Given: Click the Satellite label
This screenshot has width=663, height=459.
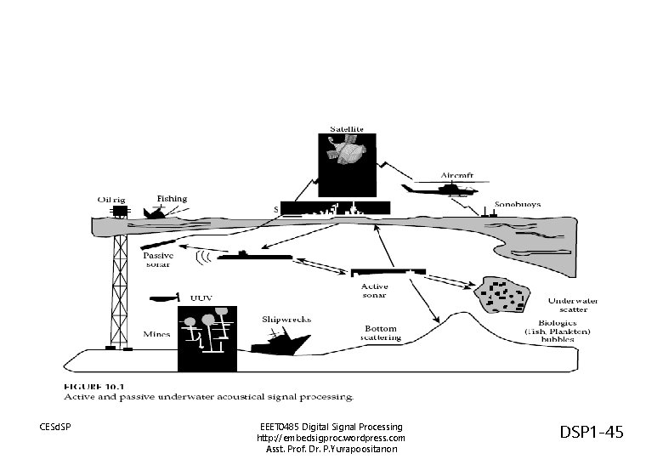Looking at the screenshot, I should [x=347, y=128].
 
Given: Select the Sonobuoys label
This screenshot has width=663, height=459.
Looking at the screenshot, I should [x=518, y=205].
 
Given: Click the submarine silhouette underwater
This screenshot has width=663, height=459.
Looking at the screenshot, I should [x=254, y=255].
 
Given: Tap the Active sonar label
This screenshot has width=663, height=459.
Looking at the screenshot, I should [x=369, y=291].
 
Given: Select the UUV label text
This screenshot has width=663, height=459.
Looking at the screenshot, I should [x=201, y=298].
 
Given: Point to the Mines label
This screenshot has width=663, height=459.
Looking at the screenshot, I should [x=157, y=335].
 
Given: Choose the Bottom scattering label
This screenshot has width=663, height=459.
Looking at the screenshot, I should [x=381, y=332].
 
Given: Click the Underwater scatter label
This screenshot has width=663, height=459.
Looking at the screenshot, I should [x=573, y=305].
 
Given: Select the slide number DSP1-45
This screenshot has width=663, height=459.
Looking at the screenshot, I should [x=591, y=433].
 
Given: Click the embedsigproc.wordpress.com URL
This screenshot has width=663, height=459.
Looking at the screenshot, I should [x=331, y=438].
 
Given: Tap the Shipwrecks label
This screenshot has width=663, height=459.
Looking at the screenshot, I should [x=286, y=320].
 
